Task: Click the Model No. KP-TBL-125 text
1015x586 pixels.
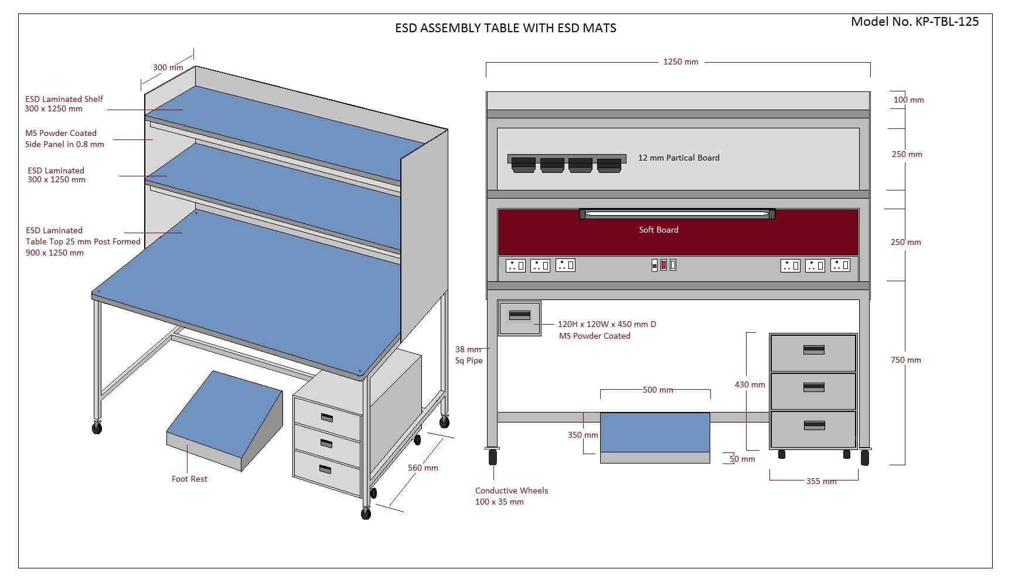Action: point(914,22)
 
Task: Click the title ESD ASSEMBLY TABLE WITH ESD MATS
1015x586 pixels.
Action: point(505,28)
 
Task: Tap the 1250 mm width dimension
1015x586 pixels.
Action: point(680,62)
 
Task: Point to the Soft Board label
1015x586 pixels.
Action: point(659,230)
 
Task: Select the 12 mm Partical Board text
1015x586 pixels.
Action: point(679,158)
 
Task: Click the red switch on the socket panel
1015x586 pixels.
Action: point(663,265)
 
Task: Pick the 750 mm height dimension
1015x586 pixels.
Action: point(905,360)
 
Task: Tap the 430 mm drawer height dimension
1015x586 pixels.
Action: point(750,384)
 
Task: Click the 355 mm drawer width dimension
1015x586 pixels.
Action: point(820,481)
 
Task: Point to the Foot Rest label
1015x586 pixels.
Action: point(189,479)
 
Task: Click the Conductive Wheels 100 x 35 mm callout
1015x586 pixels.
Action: point(511,496)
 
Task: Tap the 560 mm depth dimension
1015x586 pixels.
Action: point(423,468)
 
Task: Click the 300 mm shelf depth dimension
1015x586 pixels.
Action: point(168,67)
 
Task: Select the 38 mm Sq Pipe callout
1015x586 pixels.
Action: point(469,355)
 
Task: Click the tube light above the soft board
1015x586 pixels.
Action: point(677,214)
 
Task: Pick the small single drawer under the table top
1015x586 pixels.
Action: point(519,318)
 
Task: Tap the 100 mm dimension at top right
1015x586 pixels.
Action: point(908,100)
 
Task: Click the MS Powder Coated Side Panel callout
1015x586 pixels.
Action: point(64,139)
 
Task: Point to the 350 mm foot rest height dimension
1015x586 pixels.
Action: point(583,435)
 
